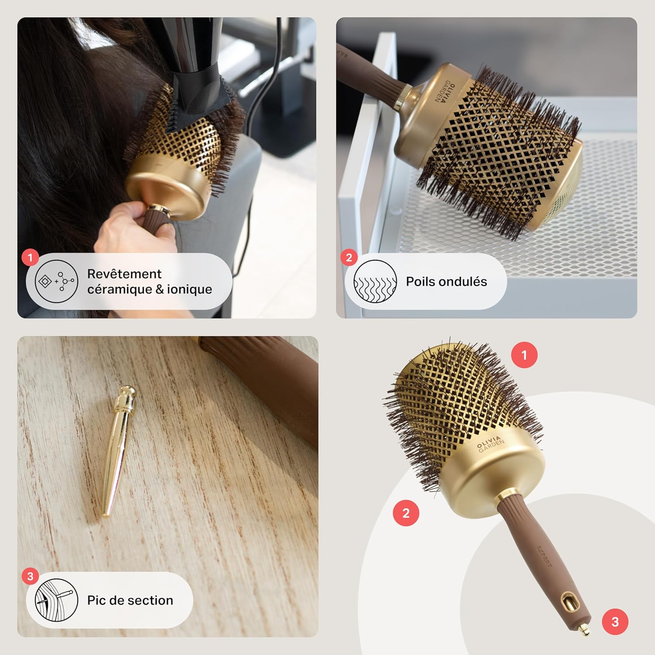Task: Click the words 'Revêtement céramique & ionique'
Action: [x=149, y=282]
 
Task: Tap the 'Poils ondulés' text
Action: [x=446, y=282]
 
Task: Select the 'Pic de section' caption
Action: [x=130, y=600]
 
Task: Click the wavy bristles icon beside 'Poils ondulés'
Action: [x=375, y=282]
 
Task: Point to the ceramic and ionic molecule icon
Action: [x=56, y=282]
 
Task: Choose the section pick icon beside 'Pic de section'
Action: [x=56, y=600]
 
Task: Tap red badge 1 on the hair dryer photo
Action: [x=30, y=258]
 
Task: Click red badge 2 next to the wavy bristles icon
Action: [x=349, y=258]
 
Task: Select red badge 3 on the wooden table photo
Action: [x=30, y=576]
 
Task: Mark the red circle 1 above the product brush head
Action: [x=524, y=355]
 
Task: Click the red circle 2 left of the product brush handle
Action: [x=406, y=513]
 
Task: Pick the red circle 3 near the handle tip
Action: [x=615, y=621]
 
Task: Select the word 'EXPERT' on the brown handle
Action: [x=544, y=557]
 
